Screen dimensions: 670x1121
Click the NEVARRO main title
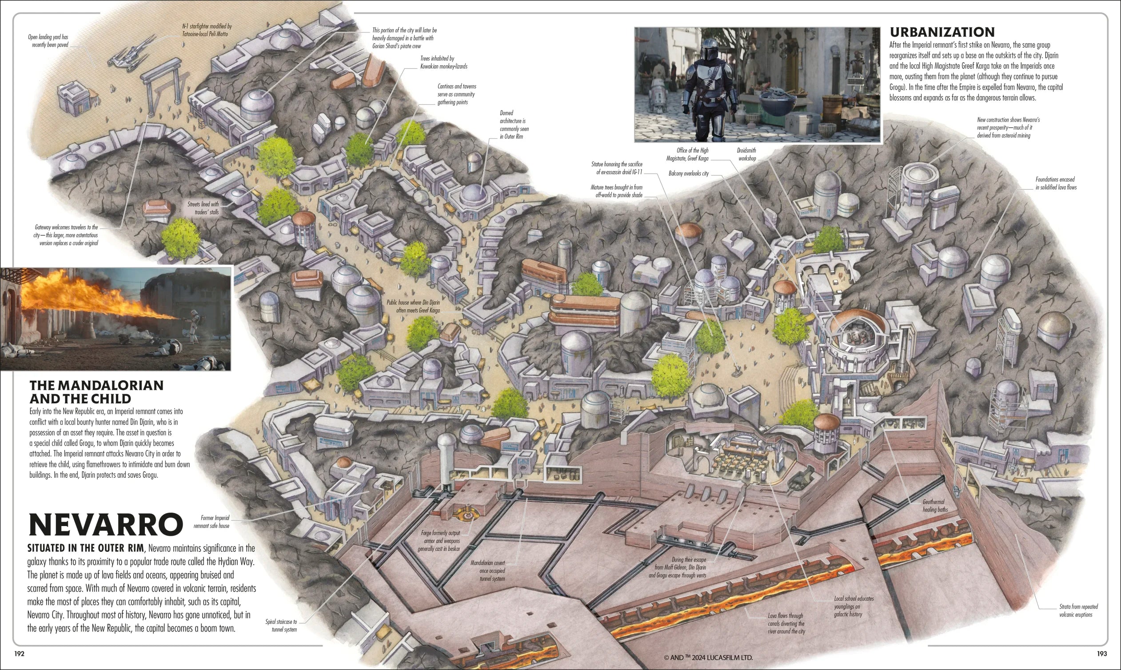(105, 525)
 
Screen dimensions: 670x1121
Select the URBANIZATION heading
(942, 32)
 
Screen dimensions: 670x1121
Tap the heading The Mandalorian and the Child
(96, 392)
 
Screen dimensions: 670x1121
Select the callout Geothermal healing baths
(934, 506)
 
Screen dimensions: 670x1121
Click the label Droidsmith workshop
(747, 155)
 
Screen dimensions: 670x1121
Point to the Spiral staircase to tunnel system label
(281, 625)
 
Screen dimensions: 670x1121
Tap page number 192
(20, 654)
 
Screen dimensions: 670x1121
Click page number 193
(1101, 654)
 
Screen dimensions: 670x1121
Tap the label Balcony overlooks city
(688, 173)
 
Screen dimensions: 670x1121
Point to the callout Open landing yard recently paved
(48, 40)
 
